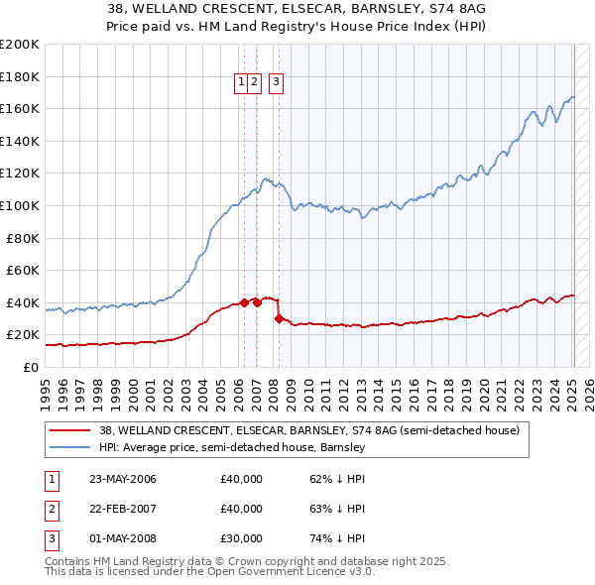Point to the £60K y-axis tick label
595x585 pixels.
[x=23, y=270]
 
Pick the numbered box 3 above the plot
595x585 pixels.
[x=276, y=83]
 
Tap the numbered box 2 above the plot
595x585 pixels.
[x=254, y=83]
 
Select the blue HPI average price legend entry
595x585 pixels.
[x=232, y=448]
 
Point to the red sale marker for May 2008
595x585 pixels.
[x=279, y=318]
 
